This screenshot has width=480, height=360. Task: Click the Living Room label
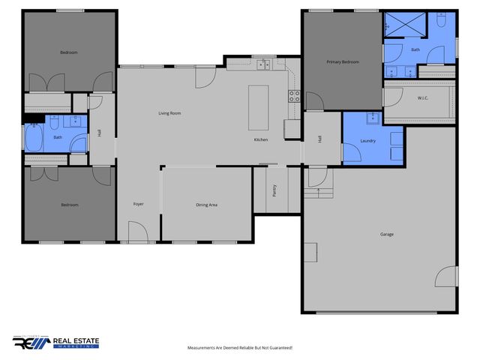click(169, 113)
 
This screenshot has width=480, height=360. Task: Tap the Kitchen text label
click(261, 140)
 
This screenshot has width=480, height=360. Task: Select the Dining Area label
click(206, 204)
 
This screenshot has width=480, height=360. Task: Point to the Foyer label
click(139, 204)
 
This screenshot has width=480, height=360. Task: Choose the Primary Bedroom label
click(342, 61)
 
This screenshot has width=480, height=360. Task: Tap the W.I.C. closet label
click(422, 98)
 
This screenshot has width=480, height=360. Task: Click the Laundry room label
click(367, 140)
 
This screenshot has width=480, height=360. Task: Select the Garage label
click(387, 234)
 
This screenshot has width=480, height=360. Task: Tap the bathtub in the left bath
click(34, 138)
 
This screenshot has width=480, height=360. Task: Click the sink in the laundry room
click(370, 118)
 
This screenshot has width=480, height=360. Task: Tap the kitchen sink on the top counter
click(263, 66)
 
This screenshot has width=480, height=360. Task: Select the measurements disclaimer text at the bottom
click(239, 348)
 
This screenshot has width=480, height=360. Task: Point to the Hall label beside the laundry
click(320, 139)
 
